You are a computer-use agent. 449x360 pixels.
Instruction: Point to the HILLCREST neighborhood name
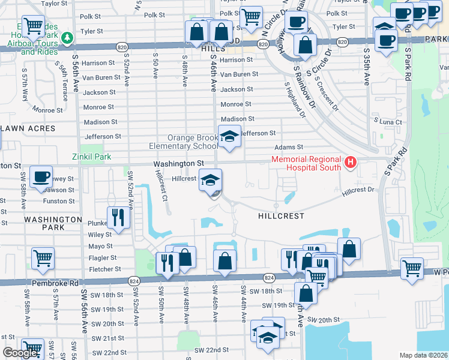[281, 215]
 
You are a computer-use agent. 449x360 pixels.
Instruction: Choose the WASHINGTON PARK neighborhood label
[53, 224]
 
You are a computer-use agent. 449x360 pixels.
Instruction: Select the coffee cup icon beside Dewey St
[41, 176]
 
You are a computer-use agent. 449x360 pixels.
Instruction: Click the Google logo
[20, 353]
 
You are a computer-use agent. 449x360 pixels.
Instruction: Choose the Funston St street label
[59, 201]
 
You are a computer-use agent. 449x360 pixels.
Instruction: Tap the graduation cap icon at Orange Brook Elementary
[229, 137]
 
